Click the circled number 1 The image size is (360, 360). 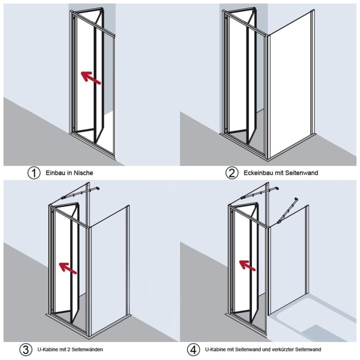[x=34, y=173]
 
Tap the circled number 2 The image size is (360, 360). [x=232, y=173]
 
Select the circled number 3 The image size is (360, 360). [x=26, y=350]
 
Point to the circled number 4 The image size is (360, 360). [x=193, y=350]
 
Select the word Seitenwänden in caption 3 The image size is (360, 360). [x=87, y=350]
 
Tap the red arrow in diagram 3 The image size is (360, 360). [x=68, y=268]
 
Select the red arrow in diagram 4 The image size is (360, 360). [x=247, y=266]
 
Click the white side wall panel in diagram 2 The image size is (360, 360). [x=292, y=85]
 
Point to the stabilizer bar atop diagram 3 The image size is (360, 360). [x=80, y=193]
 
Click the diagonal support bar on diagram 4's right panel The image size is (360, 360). [x=287, y=210]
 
